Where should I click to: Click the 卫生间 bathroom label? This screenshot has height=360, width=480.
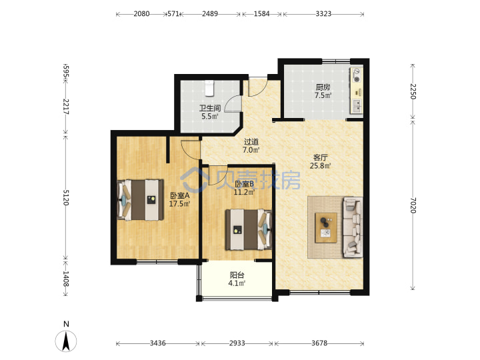[210, 108]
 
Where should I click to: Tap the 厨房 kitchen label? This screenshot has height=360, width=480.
[323, 87]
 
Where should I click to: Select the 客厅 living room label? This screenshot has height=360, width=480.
[320, 157]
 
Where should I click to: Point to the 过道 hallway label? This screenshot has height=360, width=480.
[251, 142]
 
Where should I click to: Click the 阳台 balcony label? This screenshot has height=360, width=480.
[237, 275]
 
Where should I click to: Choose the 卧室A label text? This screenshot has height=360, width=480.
[180, 195]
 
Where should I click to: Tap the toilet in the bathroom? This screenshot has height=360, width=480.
[209, 87]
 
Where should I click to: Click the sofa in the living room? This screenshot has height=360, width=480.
[353, 227]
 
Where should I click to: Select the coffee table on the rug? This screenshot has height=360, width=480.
[326, 228]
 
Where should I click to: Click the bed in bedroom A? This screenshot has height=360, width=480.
[140, 200]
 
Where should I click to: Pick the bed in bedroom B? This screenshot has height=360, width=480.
[249, 229]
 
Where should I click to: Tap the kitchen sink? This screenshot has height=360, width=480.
[357, 106]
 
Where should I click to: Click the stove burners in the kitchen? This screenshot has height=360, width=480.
[357, 75]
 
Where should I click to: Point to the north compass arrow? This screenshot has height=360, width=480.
[66, 341]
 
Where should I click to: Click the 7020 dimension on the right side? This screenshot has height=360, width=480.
[413, 205]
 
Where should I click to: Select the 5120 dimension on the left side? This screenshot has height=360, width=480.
[66, 197]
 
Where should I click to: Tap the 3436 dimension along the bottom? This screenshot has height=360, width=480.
[157, 343]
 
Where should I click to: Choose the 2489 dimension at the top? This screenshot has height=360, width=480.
[210, 14]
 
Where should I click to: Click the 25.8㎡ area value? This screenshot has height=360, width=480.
[320, 166]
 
